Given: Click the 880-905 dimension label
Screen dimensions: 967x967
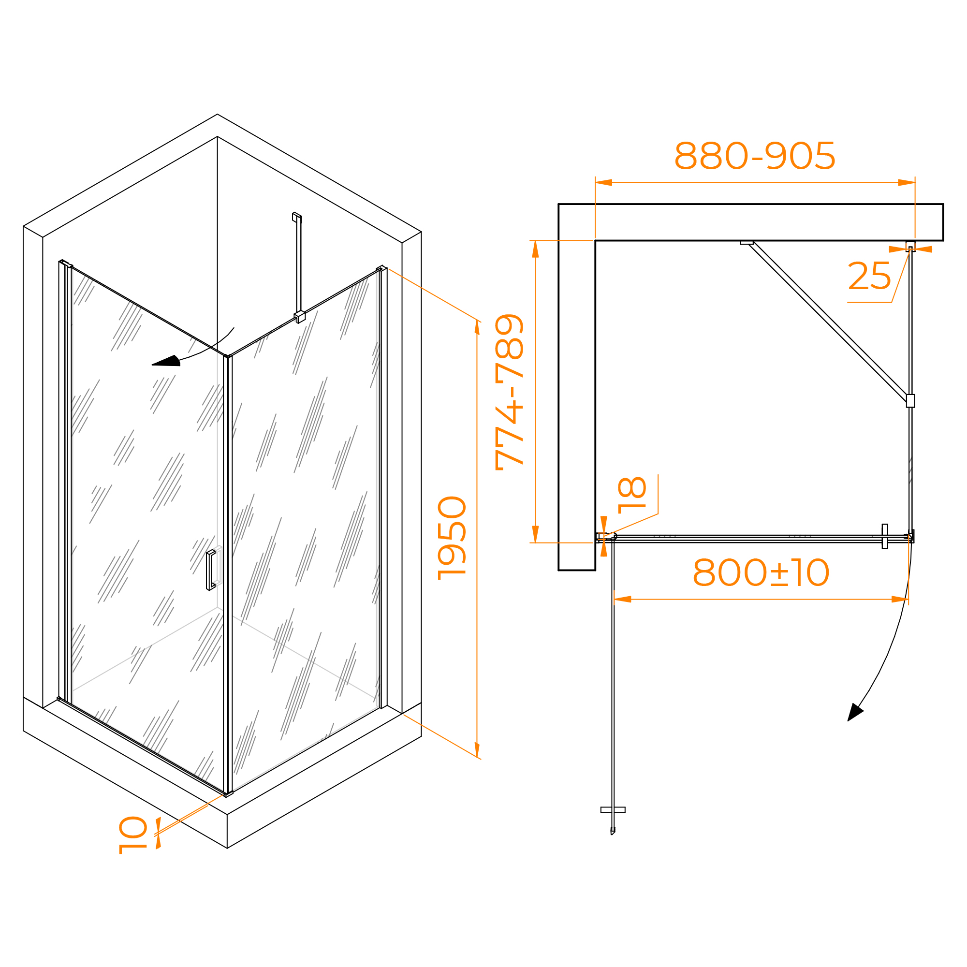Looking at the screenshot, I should tap(755, 156).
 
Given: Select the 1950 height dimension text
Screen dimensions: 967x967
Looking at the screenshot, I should tap(452, 538).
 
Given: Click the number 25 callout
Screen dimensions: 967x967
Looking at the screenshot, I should tap(869, 276).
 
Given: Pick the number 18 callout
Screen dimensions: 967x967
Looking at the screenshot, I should tap(632, 496).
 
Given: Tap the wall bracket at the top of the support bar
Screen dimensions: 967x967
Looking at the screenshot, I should tap(297, 217).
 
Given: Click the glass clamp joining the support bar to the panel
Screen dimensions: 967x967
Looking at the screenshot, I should tap(300, 316).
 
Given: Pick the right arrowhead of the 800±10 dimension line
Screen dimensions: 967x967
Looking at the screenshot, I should tap(900, 599).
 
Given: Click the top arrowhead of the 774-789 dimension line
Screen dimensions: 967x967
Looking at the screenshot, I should tap(536, 249).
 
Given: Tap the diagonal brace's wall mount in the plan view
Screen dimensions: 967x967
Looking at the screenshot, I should tap(746, 243).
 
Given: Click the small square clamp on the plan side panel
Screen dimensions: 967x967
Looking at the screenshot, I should tap(910, 401).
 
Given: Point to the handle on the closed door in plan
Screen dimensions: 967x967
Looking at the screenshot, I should tap(885, 537).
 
